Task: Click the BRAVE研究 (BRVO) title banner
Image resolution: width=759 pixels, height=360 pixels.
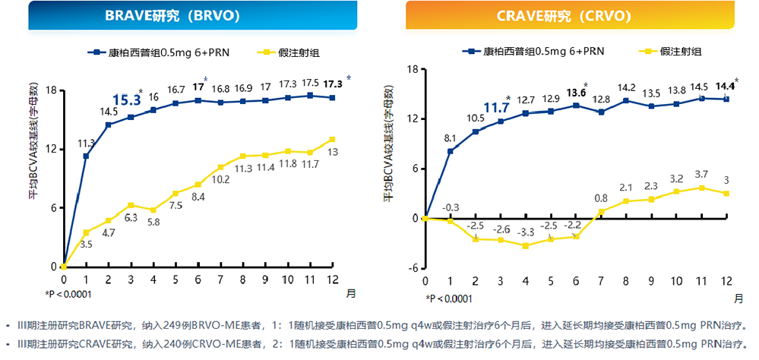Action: [180, 15]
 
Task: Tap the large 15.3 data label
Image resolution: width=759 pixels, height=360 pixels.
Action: [126, 99]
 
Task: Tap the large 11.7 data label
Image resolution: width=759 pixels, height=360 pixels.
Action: [496, 107]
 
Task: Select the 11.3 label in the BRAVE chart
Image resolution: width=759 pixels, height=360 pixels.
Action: [86, 143]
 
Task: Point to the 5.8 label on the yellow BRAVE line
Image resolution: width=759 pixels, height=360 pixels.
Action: [153, 222]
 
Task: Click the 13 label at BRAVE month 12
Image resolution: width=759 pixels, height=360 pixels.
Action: [332, 152]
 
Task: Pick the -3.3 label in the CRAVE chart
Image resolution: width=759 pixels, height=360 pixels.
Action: [524, 232]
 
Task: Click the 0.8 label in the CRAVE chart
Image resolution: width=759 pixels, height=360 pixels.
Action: [600, 199]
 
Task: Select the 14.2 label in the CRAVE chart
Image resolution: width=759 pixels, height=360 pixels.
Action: [627, 87]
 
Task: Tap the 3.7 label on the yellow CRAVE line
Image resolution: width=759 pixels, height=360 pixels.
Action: [701, 175]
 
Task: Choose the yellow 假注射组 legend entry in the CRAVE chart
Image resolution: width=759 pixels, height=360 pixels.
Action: [669, 51]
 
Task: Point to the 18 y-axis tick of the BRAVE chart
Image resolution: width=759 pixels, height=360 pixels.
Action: [52, 90]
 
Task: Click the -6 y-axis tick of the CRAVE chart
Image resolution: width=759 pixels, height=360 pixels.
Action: [413, 267]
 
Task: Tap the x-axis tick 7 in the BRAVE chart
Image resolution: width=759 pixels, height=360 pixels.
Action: [220, 279]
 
